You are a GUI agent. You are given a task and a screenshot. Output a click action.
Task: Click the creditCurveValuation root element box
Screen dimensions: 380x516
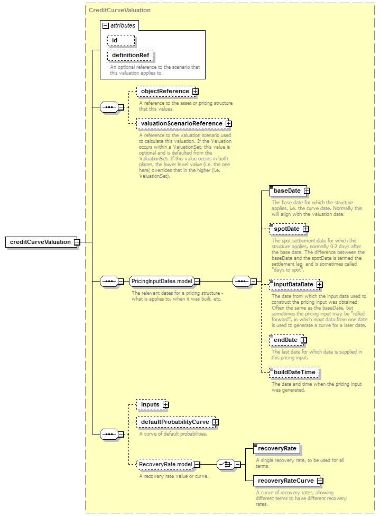point(41,242)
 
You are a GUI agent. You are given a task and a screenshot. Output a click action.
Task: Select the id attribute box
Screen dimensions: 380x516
point(121,40)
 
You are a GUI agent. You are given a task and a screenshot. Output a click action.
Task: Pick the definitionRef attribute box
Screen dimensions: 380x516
point(130,55)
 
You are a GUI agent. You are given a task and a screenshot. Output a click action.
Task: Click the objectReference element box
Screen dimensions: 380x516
point(165,91)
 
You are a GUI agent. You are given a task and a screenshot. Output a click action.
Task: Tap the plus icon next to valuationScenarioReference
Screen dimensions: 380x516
point(228,124)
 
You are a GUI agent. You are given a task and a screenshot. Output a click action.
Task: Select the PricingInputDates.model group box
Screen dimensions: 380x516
point(161,282)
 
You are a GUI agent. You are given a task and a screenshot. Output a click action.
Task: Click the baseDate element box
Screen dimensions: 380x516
point(287,191)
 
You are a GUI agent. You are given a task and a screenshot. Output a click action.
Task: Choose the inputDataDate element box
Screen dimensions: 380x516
point(293,285)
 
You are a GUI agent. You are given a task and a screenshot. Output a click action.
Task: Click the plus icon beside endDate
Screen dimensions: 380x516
point(304,340)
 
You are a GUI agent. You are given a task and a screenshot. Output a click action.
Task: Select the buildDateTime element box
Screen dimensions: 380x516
point(294,372)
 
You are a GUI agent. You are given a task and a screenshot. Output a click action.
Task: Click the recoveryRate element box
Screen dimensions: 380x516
point(277,449)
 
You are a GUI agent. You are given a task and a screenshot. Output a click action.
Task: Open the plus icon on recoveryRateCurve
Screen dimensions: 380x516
point(320,481)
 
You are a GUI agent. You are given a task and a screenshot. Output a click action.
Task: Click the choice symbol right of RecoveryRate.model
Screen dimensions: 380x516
point(226,464)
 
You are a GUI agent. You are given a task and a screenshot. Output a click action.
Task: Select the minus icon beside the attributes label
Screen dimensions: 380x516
point(106,26)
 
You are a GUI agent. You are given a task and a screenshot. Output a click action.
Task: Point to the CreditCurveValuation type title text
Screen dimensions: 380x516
point(119,10)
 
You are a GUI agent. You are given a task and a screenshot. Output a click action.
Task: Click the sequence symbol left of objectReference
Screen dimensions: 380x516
point(109,107)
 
